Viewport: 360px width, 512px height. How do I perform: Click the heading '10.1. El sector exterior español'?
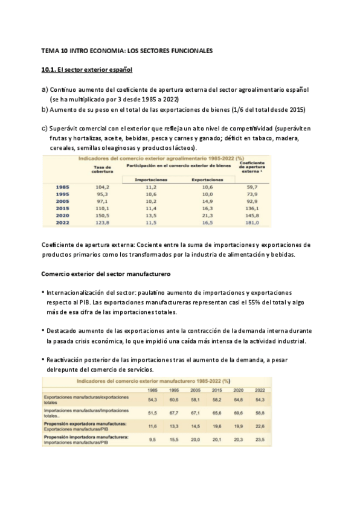tap(86, 70)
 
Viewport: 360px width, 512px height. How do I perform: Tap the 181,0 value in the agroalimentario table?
tap(250, 223)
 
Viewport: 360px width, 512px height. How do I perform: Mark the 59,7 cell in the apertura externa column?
tap(250, 187)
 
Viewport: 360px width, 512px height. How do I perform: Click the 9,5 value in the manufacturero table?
tap(153, 440)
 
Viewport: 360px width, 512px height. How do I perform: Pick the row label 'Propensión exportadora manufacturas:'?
tap(85, 424)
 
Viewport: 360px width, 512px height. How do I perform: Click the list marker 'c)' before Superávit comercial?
tap(44, 128)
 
